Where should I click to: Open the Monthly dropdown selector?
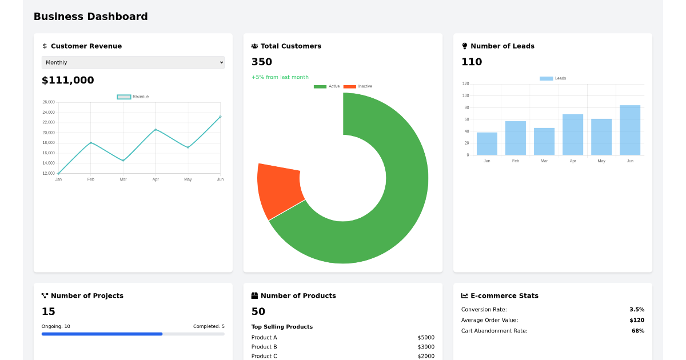tap(133, 63)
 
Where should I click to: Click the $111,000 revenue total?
tap(67, 81)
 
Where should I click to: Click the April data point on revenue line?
tap(155, 130)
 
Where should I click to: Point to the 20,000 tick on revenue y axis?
tap(49, 133)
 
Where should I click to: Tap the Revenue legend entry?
tap(133, 97)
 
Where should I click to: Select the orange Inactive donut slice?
tap(280, 190)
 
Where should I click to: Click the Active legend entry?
tap(327, 86)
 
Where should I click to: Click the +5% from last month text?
tap(280, 77)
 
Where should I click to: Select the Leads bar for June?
tap(629, 130)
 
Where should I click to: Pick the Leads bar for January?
tap(486, 144)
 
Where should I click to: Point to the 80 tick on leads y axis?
tap(466, 107)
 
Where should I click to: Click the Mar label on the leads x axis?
tap(544, 161)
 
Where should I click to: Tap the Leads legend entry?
tap(553, 78)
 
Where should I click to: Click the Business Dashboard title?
tap(90, 17)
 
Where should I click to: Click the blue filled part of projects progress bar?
tap(102, 334)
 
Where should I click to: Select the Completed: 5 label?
tap(209, 326)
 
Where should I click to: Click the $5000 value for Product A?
tap(426, 338)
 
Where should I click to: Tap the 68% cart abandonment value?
tap(637, 331)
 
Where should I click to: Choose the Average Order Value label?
tap(489, 320)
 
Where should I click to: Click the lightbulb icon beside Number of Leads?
tap(465, 46)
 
